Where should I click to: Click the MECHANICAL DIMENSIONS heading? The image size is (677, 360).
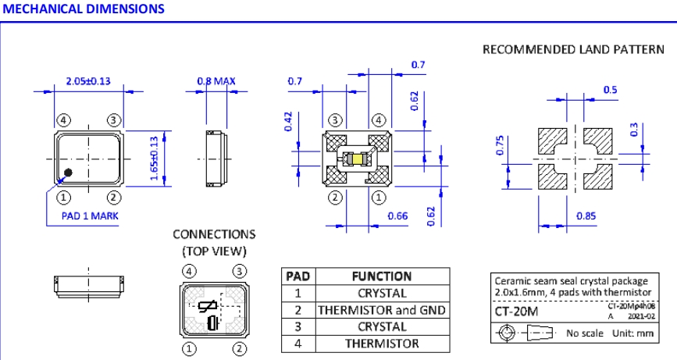(84, 9)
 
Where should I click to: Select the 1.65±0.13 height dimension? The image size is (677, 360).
(155, 159)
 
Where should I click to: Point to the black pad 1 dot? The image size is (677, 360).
(69, 173)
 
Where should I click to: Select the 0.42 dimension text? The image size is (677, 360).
(288, 123)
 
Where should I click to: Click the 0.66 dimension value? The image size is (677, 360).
(397, 216)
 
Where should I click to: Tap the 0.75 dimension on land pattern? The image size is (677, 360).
(503, 147)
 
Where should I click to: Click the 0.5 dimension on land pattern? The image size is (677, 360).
(610, 91)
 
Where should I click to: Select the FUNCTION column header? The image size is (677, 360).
(382, 276)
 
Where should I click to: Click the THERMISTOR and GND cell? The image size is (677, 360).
(382, 310)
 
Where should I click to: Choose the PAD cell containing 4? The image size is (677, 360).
(298, 343)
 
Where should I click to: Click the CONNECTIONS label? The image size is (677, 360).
(213, 234)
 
